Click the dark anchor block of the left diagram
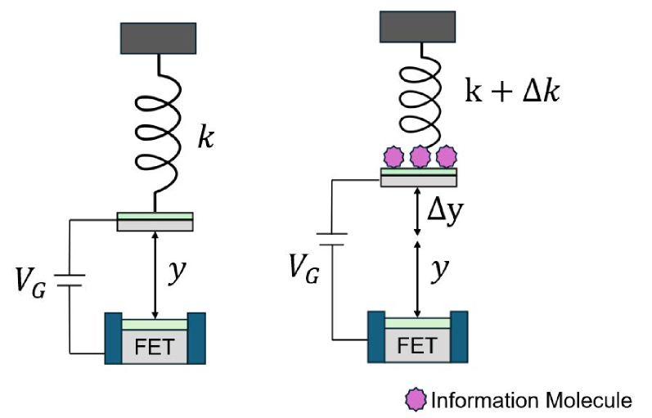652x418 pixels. (158, 36)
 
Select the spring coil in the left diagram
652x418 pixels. (155, 132)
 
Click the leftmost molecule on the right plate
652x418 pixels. (394, 155)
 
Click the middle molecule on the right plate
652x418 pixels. (420, 155)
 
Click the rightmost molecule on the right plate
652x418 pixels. (445, 155)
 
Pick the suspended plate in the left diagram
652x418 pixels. (155, 221)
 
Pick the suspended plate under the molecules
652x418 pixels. (419, 177)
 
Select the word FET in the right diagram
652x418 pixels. (417, 347)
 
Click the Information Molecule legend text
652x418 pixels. (531, 400)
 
